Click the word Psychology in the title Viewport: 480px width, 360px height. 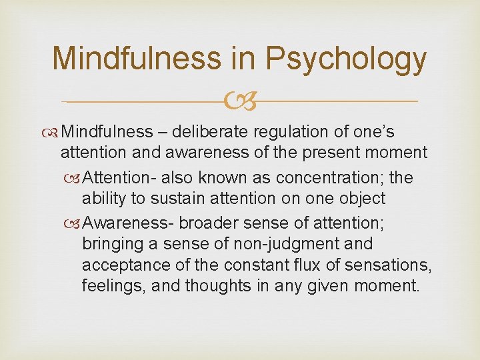pyautogui.click(x=345, y=59)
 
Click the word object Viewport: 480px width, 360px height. pyautogui.click(x=361, y=199)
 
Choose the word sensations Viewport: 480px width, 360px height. pyautogui.click(x=396, y=266)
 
